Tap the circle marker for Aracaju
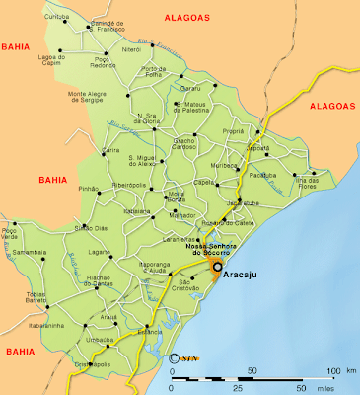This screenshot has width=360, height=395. [217, 267]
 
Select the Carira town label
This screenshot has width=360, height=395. [110, 150]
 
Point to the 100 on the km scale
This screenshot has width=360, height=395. [331, 370]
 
